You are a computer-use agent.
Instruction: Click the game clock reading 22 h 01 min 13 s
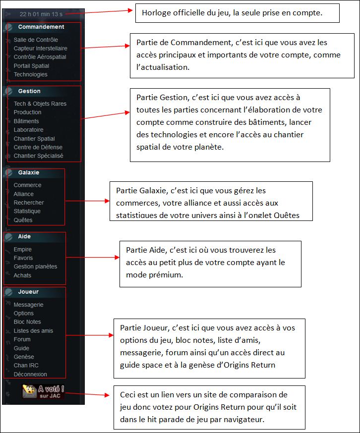[41, 14]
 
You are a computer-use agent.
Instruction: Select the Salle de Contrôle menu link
[36, 40]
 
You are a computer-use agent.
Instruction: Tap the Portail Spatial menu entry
[31, 66]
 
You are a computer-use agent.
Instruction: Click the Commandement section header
[41, 27]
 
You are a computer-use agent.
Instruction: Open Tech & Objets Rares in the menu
[40, 104]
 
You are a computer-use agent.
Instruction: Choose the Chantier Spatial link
[34, 139]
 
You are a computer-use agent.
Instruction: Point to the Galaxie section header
[29, 173]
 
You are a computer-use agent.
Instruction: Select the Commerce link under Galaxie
[27, 185]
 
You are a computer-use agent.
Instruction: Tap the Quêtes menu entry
[23, 220]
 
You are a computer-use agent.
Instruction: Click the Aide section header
[24, 237]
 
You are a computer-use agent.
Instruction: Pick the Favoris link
[23, 258]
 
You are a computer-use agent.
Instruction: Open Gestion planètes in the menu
[35, 267]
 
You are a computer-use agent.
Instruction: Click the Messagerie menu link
[28, 305]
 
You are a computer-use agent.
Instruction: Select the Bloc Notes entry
[27, 322]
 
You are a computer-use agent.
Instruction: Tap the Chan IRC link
[26, 366]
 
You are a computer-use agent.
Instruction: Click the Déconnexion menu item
[30, 375]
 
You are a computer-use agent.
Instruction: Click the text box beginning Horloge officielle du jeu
[237, 13]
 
